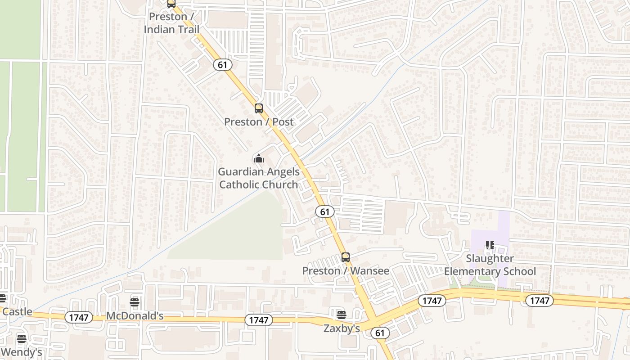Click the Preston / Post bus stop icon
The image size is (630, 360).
(x=258, y=108)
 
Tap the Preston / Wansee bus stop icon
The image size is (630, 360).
(x=345, y=257)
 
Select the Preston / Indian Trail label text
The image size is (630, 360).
(x=171, y=23)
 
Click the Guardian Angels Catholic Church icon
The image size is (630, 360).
(x=258, y=158)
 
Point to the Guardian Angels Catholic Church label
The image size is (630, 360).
(x=259, y=178)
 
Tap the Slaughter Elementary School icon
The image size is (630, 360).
(x=490, y=245)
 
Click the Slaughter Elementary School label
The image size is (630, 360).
(x=490, y=265)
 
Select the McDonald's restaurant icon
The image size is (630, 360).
(x=135, y=301)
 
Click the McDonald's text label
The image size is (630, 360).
(x=135, y=316)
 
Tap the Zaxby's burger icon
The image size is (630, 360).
(x=342, y=314)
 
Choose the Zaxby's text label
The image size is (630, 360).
(x=342, y=328)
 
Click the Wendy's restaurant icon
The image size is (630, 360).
(x=21, y=338)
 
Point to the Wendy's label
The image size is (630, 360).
(x=21, y=352)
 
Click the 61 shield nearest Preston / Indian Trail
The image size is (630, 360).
(x=222, y=65)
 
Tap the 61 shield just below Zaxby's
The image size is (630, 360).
(x=380, y=333)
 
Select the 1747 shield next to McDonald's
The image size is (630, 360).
(x=79, y=317)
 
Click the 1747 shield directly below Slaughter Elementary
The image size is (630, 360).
(x=539, y=300)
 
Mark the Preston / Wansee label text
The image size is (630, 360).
(x=345, y=270)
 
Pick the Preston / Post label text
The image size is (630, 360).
(x=258, y=121)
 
